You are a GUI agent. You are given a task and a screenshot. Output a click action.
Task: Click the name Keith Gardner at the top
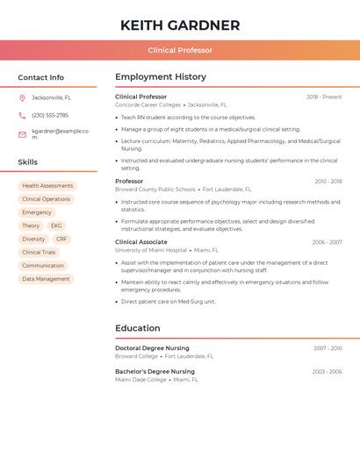(180, 25)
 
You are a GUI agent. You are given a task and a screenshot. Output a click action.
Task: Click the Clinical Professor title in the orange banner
(180, 50)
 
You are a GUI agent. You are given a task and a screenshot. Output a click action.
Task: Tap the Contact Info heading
(41, 77)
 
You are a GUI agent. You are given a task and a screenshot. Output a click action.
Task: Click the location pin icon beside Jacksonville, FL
(22, 97)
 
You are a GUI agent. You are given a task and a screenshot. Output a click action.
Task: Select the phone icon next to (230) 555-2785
(22, 115)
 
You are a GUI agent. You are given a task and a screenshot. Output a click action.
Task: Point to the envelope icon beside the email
(22, 134)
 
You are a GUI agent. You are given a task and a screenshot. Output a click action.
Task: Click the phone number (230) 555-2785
(50, 115)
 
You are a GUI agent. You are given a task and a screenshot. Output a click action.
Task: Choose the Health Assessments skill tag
(47, 186)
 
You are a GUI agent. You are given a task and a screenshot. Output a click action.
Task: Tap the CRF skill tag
(61, 239)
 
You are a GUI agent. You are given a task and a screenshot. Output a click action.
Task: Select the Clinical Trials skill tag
(39, 252)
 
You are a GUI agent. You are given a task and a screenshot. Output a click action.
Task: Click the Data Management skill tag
(46, 279)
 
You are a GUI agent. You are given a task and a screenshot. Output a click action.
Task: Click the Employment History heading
(161, 77)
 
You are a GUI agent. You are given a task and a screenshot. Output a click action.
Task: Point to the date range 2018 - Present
(324, 97)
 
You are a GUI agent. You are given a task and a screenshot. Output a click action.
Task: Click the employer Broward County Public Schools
(155, 189)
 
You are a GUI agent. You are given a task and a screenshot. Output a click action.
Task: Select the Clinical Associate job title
(140, 242)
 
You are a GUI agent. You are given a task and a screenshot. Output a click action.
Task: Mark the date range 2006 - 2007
(327, 242)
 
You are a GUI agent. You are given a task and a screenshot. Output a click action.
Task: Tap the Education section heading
(138, 328)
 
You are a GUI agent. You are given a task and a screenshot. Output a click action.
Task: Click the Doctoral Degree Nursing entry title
(152, 348)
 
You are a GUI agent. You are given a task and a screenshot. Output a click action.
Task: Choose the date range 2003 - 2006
(327, 371)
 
